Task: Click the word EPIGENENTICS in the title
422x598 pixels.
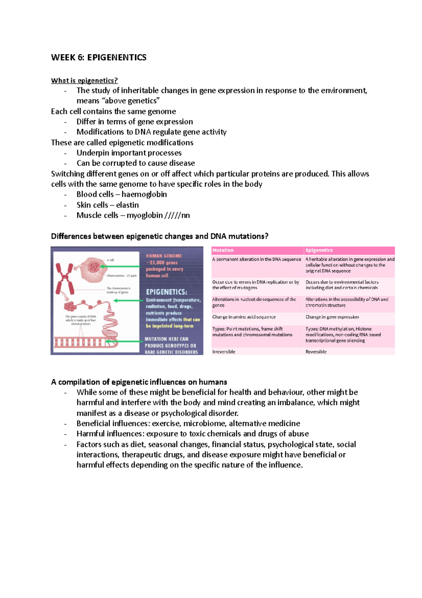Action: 117,57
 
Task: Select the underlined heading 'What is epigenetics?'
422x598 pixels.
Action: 84,81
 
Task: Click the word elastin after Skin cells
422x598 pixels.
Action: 127,205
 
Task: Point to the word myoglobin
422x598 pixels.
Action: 145,215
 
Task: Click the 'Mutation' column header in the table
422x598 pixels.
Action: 223,250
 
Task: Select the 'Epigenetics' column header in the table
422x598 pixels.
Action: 319,250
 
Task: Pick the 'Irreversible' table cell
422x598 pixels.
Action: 224,351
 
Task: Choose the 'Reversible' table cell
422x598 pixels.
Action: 316,351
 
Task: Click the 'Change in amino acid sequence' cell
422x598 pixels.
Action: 244,317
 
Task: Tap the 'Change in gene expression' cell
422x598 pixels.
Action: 332,317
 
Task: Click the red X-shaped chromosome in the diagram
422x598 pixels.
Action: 64,278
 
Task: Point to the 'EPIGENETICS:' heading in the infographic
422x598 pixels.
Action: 166,292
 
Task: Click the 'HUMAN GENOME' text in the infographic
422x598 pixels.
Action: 164,256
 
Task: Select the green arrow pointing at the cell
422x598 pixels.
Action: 120,267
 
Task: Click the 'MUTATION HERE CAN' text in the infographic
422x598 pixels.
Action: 166,339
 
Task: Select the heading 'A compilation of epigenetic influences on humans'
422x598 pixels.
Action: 139,382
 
